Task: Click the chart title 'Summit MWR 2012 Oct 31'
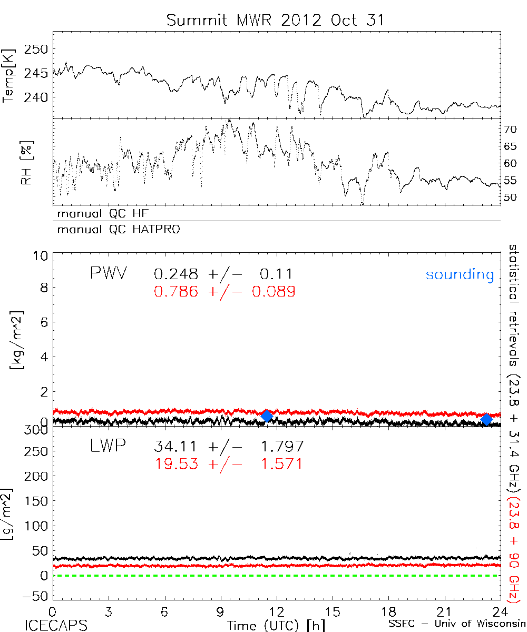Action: pos(276,20)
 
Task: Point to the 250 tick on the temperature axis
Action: pos(37,49)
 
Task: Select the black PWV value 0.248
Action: pos(177,274)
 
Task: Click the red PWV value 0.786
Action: pos(177,291)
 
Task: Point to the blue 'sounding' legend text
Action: pos(460,274)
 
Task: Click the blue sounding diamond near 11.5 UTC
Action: pos(267,416)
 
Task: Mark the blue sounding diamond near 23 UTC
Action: pos(487,419)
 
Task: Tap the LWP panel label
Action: pos(108,447)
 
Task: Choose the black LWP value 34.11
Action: pos(177,447)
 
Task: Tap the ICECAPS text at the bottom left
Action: pos(56,625)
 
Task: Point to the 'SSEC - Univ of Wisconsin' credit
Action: pos(456,625)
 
